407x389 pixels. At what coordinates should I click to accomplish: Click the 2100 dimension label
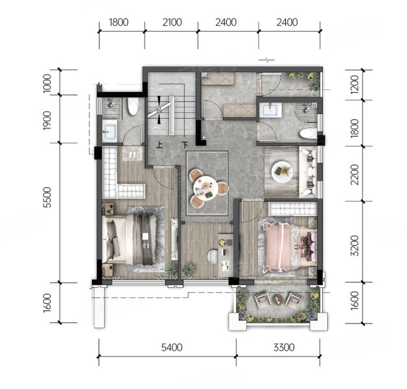tap(172, 22)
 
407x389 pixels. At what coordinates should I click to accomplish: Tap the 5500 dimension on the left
tap(47, 197)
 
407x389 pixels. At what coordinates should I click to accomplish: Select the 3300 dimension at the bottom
tap(284, 348)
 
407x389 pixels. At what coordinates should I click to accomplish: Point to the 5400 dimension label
tap(172, 348)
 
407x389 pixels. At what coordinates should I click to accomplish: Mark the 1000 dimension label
tap(47, 83)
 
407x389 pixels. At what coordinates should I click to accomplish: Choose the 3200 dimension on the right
tap(355, 246)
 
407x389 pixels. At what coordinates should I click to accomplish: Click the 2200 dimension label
tap(355, 174)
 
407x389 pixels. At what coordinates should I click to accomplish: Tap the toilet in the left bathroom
tap(133, 106)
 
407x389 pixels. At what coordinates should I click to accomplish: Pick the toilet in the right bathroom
tap(308, 134)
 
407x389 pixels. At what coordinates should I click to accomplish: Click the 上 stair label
tap(159, 145)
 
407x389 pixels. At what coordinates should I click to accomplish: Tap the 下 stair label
tap(185, 145)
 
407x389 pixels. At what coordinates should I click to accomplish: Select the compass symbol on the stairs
tap(159, 110)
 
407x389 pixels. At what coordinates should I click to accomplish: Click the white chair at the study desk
tap(213, 257)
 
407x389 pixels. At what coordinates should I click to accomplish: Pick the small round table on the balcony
tap(277, 300)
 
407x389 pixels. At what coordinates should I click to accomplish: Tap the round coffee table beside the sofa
tap(282, 172)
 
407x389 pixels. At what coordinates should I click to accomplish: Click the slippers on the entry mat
tap(132, 155)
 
